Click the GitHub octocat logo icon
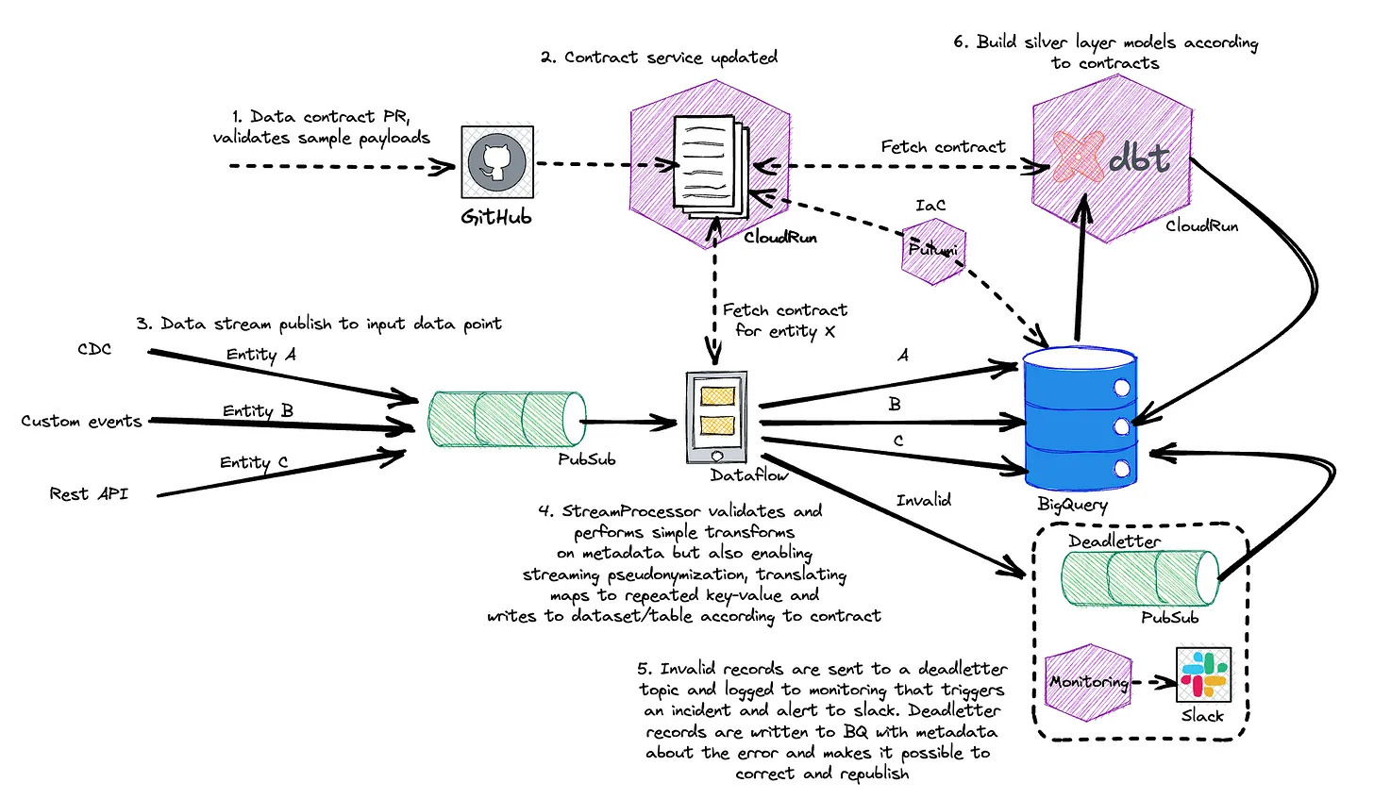[x=496, y=162]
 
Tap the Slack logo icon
[x=1203, y=674]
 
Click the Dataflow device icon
[x=716, y=417]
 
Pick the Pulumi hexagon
[x=933, y=251]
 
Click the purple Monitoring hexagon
[x=1088, y=682]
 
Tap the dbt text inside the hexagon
[x=1139, y=158]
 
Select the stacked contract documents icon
[x=712, y=166]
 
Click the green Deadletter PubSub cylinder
[x=1140, y=577]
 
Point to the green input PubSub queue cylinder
[x=507, y=419]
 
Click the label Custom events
[x=81, y=422]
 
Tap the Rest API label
[x=89, y=493]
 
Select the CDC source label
[x=94, y=349]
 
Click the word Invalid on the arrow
[x=923, y=500]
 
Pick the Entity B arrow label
[x=258, y=410]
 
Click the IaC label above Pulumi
[x=930, y=206]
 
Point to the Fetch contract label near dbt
[x=944, y=146]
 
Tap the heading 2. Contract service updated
[x=659, y=58]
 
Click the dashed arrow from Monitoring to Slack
[x=1153, y=682]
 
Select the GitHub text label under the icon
[x=496, y=217]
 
